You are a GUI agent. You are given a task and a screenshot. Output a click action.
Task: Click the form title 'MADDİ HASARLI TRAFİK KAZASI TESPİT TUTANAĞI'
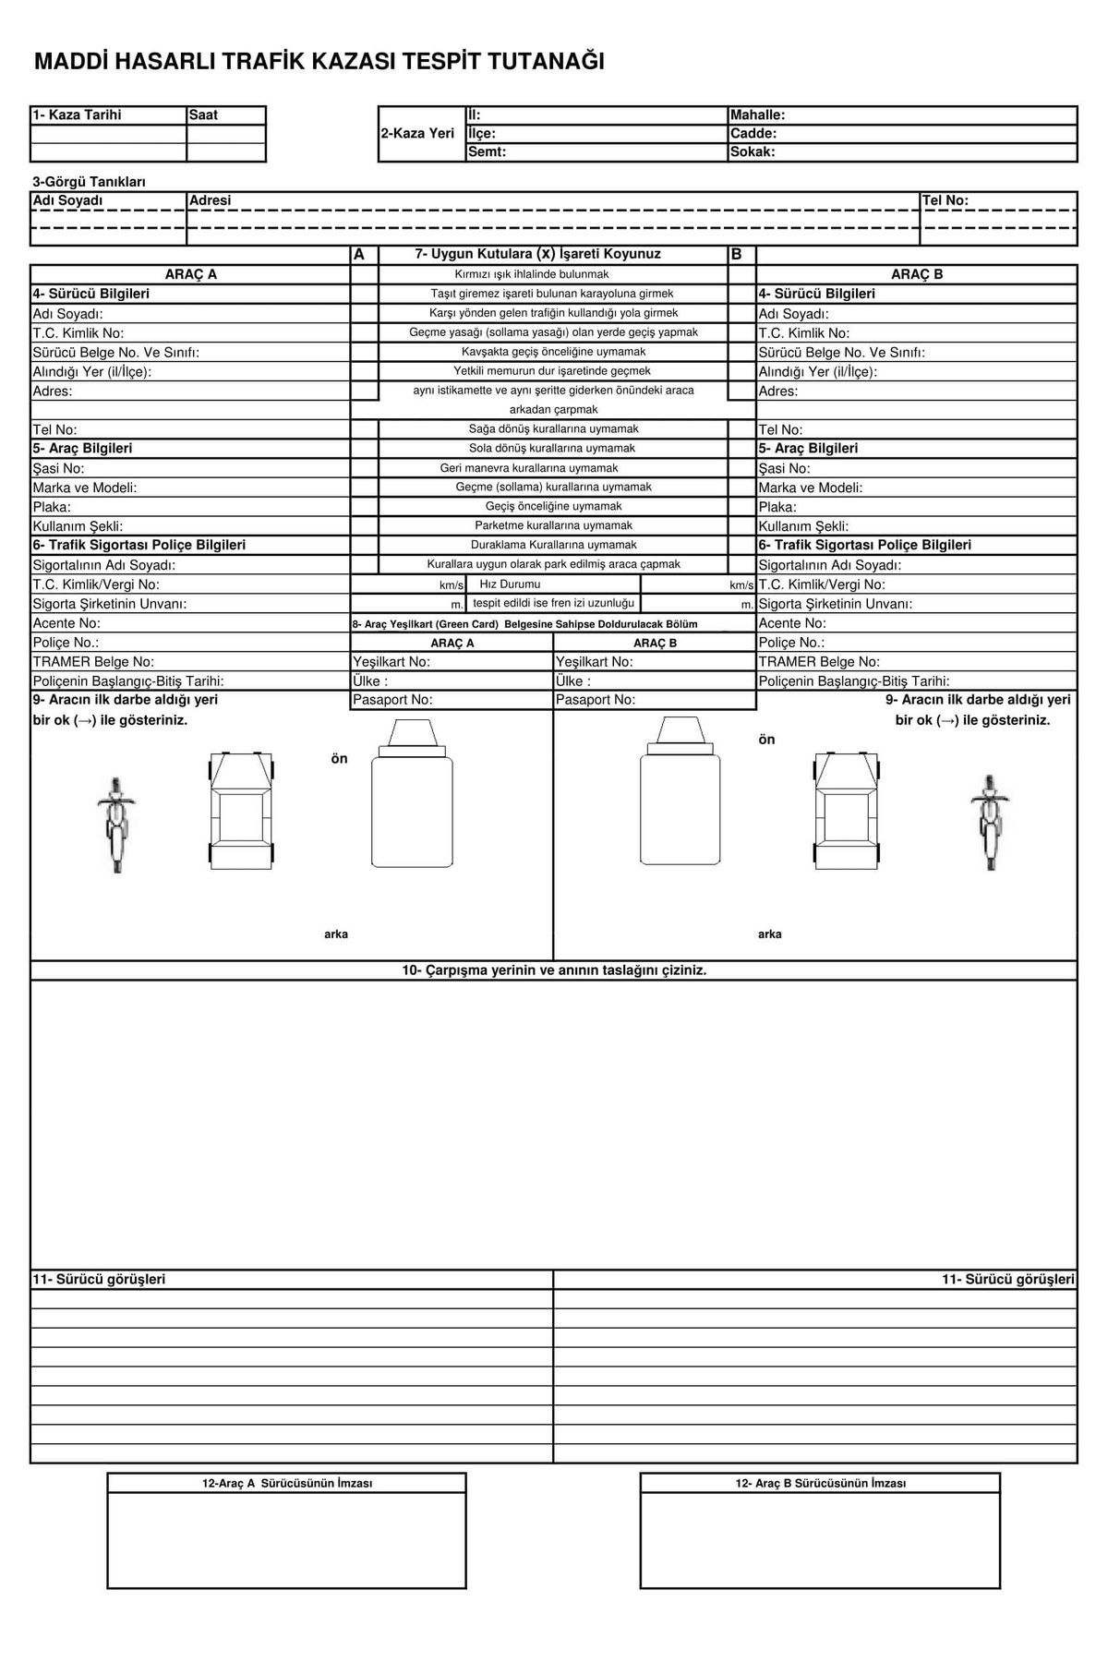tap(319, 62)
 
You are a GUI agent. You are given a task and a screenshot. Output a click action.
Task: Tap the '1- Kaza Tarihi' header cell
tap(78, 115)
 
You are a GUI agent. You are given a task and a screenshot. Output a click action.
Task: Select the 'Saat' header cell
tap(203, 115)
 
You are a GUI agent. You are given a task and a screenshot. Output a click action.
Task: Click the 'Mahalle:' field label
tap(757, 115)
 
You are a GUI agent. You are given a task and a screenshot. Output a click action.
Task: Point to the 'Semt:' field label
tap(488, 151)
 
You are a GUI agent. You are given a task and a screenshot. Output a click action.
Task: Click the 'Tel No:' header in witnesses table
tap(945, 200)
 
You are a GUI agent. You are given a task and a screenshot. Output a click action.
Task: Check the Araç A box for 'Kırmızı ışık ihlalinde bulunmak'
tap(365, 274)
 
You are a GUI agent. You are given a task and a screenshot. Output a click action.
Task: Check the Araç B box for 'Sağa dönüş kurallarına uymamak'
tap(741, 429)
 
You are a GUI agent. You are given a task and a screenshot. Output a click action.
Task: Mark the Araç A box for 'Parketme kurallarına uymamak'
tap(365, 525)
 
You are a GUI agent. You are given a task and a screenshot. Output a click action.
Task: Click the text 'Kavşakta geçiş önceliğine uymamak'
tap(553, 352)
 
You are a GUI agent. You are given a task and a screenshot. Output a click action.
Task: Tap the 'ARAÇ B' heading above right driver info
tap(916, 274)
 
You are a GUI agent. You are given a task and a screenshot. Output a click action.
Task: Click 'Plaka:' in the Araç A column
tap(52, 507)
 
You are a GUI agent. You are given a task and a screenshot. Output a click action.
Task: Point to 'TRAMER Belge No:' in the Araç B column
tap(819, 662)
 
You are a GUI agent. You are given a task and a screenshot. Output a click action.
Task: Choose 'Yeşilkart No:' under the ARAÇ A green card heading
tap(391, 662)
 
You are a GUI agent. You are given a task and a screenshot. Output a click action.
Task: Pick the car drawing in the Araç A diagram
tap(241, 808)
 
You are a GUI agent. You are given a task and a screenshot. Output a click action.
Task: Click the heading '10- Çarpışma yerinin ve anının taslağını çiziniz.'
tap(554, 970)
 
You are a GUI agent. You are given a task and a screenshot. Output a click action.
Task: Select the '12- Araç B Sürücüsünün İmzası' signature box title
tap(820, 1484)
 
